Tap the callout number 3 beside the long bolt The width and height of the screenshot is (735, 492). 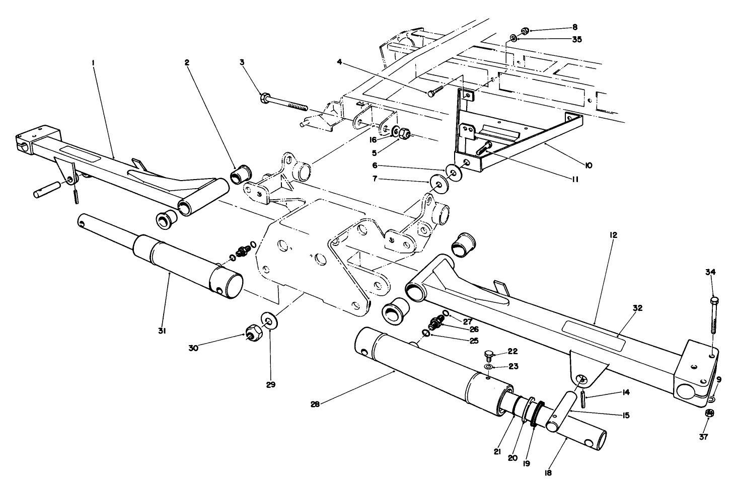pyautogui.click(x=242, y=62)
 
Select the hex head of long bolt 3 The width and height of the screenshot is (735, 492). pyautogui.click(x=265, y=97)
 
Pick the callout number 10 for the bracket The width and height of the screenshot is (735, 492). pyautogui.click(x=574, y=165)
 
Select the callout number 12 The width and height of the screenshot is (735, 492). pyautogui.click(x=613, y=235)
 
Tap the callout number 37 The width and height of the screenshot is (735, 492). pyautogui.click(x=703, y=437)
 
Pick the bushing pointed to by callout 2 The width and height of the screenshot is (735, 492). pyautogui.click(x=240, y=174)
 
